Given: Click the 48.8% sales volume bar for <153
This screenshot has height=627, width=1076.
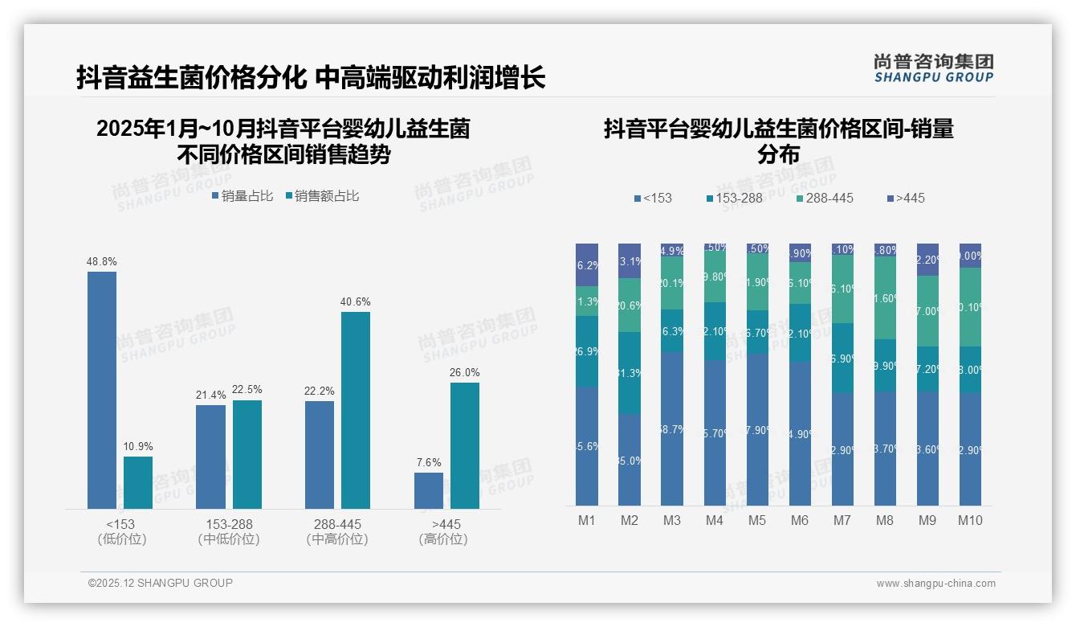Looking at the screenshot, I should click(x=102, y=390).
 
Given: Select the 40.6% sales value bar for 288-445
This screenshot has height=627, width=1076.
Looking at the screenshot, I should click(x=356, y=410).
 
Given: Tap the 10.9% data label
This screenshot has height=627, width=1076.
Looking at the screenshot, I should click(x=138, y=446).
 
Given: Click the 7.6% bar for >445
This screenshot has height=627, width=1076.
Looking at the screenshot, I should click(x=429, y=490).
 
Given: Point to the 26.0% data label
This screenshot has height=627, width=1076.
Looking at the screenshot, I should click(x=465, y=372).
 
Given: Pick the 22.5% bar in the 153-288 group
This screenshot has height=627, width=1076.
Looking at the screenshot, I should click(x=247, y=454).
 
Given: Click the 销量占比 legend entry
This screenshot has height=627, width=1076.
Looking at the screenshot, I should click(x=243, y=196).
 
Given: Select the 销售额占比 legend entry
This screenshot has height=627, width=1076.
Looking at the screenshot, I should click(x=321, y=196).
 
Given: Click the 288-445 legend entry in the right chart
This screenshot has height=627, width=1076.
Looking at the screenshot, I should click(x=825, y=198).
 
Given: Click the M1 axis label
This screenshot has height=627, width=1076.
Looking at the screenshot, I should click(x=587, y=520).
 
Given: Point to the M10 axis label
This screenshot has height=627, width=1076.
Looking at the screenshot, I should click(x=970, y=520).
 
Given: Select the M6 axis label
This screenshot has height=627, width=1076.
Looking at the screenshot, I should click(x=800, y=520).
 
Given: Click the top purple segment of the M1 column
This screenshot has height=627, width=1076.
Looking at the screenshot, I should click(x=587, y=264).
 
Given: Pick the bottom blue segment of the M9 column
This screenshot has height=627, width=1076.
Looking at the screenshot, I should click(x=927, y=449).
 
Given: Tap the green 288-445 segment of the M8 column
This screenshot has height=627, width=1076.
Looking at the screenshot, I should click(x=885, y=297).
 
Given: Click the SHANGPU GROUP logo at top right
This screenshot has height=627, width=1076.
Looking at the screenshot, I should click(x=934, y=68).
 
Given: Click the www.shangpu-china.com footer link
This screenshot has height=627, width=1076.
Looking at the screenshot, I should click(x=935, y=584).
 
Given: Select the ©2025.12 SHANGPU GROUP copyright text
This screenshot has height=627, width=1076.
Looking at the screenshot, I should click(x=161, y=583).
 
